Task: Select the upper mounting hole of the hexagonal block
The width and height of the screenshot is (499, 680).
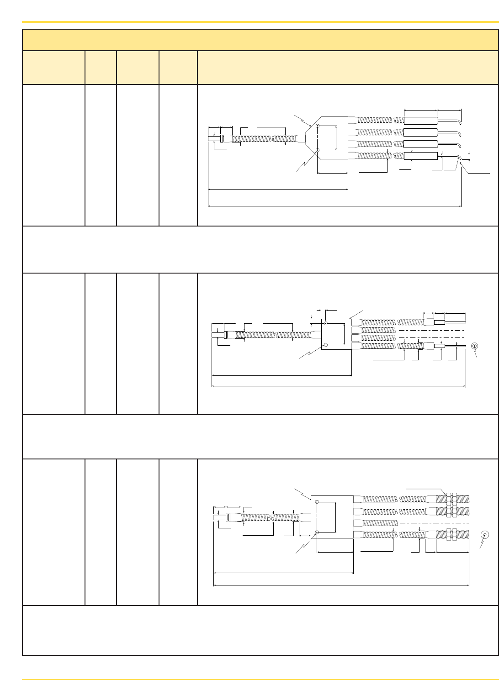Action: coord(317,127)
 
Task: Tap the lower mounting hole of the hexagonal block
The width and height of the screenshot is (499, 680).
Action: coord(317,149)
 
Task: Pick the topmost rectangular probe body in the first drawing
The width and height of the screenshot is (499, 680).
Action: coord(421,121)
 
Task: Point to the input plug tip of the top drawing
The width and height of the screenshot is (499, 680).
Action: coord(212,138)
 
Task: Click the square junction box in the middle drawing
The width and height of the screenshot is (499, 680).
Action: coord(336,334)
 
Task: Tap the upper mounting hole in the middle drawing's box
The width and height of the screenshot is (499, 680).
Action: coord(325,324)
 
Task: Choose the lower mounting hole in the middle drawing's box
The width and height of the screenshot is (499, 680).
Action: coord(325,345)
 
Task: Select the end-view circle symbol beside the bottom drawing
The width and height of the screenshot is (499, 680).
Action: coord(485,535)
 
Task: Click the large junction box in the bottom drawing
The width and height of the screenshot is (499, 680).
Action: coord(332,517)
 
